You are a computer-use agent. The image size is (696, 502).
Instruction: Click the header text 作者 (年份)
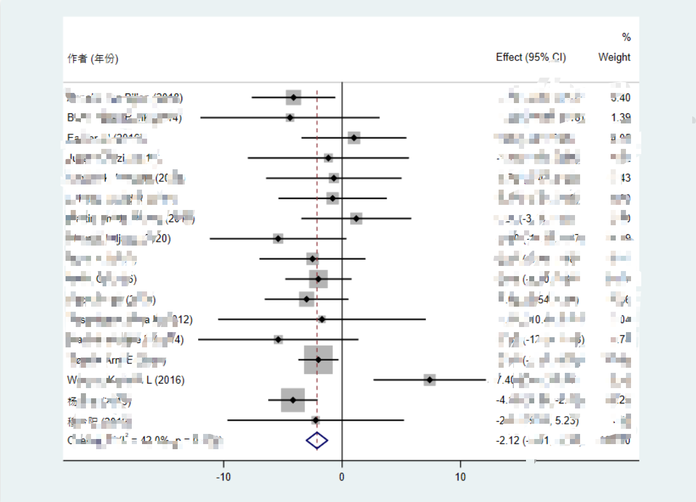(x=93, y=59)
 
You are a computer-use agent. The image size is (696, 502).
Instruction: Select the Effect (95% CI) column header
(x=530, y=57)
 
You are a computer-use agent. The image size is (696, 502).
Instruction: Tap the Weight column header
(x=614, y=57)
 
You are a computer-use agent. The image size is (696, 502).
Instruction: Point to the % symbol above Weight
(x=626, y=38)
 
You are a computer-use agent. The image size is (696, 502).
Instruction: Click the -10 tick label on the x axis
(x=224, y=477)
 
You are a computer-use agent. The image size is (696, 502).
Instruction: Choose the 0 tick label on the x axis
(x=342, y=477)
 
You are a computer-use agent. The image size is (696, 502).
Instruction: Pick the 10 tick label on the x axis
(x=460, y=477)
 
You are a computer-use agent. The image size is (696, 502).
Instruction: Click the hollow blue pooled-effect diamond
(x=316, y=440)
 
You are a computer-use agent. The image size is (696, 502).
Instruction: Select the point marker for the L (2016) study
(x=430, y=380)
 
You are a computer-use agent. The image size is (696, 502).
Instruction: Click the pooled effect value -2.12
(x=508, y=440)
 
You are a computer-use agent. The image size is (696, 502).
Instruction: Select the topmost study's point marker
(x=294, y=97)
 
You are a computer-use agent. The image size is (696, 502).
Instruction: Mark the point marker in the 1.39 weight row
(x=290, y=118)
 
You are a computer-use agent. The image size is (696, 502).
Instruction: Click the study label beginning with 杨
(x=71, y=401)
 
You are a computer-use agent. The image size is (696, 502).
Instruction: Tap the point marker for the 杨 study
(x=293, y=400)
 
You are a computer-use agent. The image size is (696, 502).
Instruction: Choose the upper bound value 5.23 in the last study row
(x=567, y=421)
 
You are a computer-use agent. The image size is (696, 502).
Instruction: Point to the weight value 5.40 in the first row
(x=620, y=98)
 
